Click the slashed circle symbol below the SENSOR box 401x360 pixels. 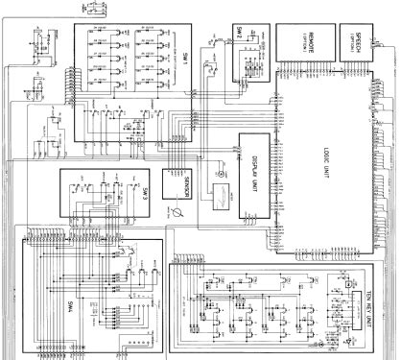(176, 211)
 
